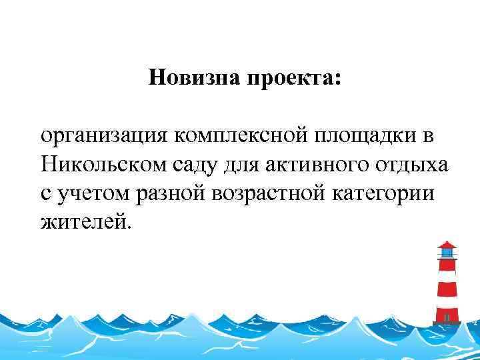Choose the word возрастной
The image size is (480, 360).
[274, 192]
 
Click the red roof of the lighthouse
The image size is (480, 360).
[447, 245]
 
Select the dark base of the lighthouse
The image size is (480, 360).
[447, 323]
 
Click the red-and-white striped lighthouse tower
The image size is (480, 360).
[447, 290]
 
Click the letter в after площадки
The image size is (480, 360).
[427, 136]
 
